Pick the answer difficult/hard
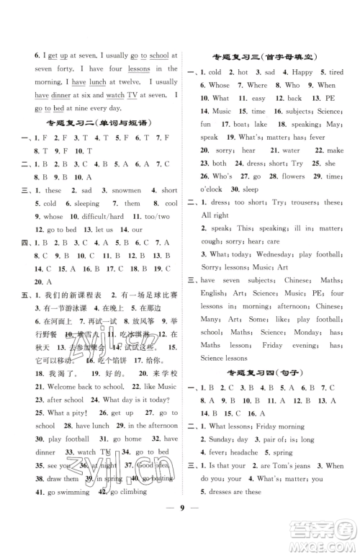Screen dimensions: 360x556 99,216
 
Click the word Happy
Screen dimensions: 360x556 302,72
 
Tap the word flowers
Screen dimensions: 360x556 292,176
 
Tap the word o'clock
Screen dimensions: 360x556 214,189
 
